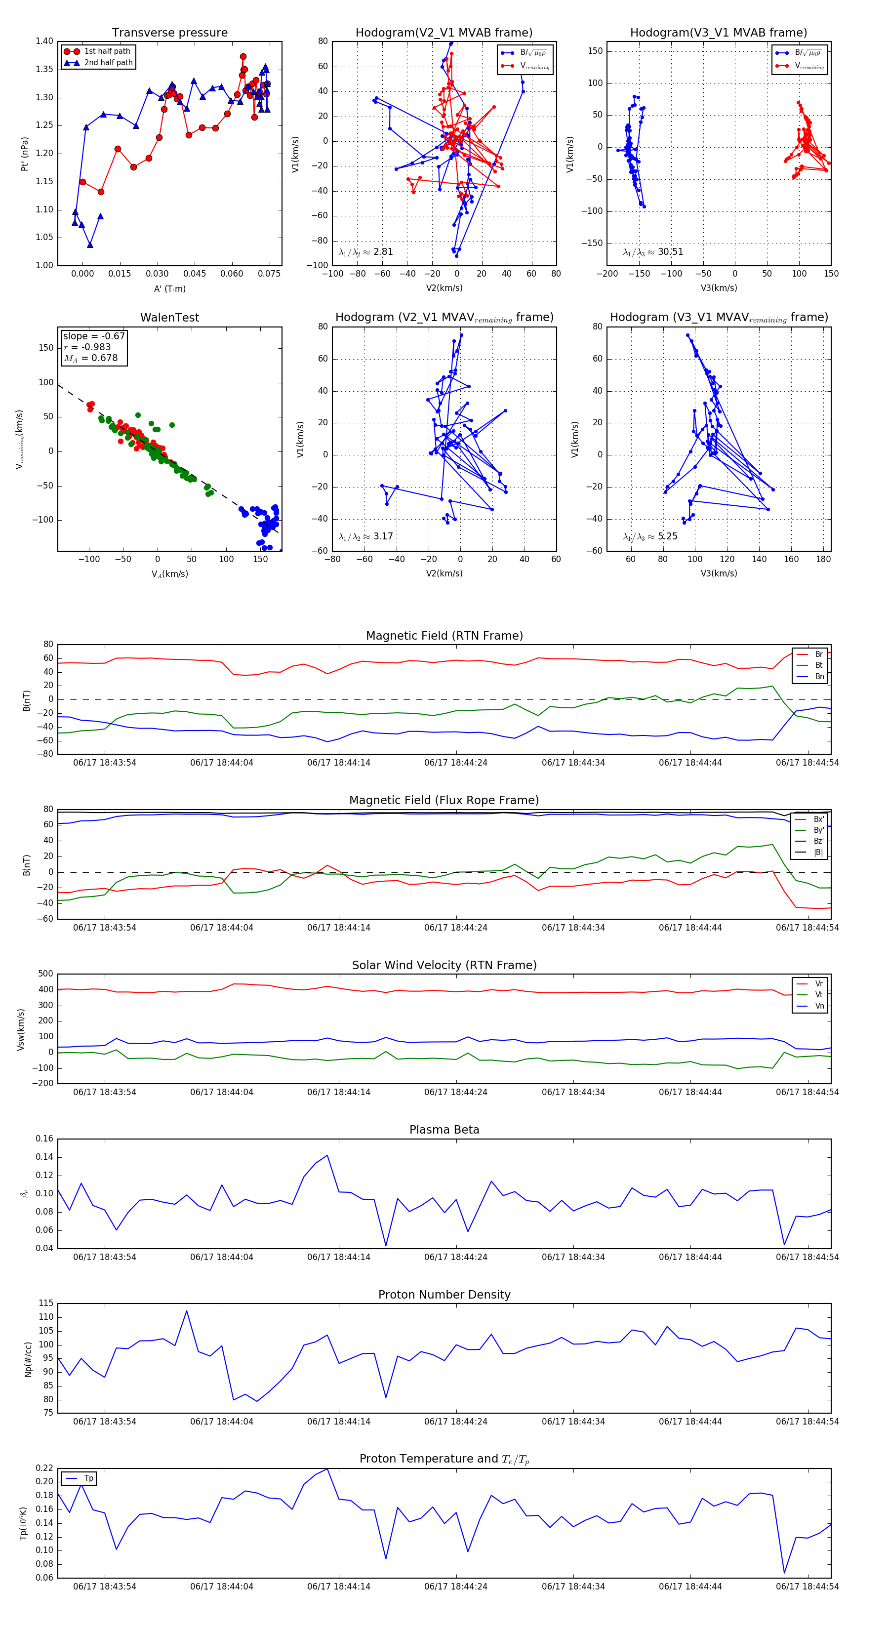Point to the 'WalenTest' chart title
coord(169,318)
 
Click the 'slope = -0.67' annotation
coord(94,336)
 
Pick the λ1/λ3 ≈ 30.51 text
coord(653,252)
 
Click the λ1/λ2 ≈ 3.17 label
coord(365,536)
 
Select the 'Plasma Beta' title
coord(444,1130)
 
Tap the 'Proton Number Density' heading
coord(444,1295)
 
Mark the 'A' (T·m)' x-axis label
coord(169,288)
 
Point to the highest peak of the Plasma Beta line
coord(327,1155)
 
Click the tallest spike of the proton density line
coord(187,1310)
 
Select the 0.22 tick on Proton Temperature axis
coord(44,1468)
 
